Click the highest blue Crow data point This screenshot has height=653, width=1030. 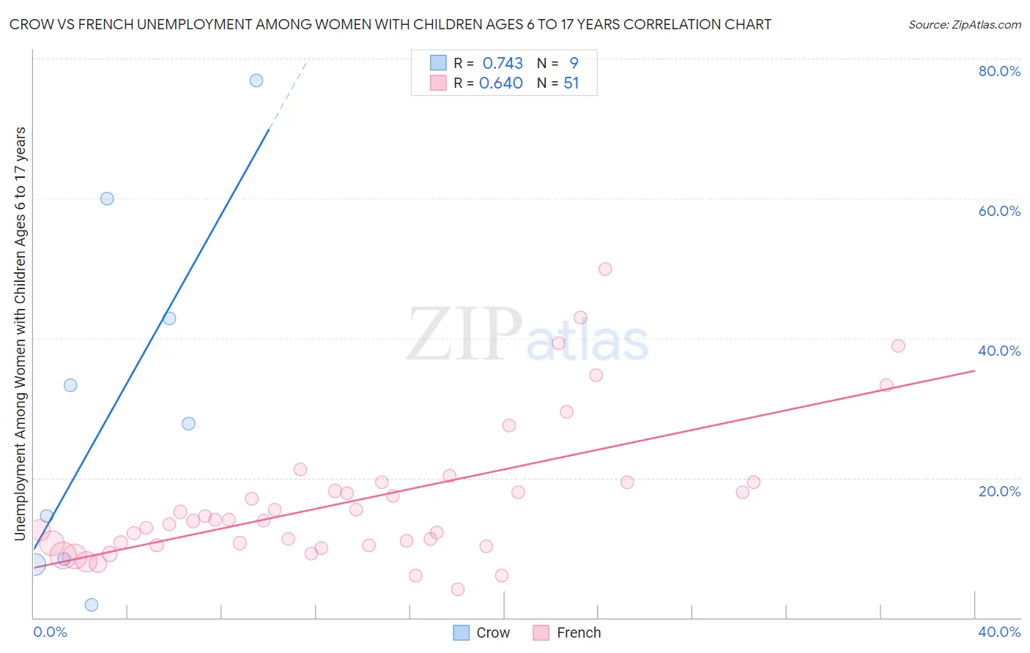256,81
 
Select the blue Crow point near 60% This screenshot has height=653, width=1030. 107,198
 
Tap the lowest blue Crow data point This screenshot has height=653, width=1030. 92,605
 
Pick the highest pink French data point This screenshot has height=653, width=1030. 605,269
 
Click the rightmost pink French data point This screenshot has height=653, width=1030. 898,346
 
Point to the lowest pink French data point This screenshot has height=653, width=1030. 458,589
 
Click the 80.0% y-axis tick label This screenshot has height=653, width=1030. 999,71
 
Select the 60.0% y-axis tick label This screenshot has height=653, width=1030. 999,211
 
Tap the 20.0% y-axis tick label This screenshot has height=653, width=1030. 999,491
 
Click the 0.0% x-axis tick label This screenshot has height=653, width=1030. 50,632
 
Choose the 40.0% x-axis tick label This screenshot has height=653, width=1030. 999,632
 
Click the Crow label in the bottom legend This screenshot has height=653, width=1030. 493,633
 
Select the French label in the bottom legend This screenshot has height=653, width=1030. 579,633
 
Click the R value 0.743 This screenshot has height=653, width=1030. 503,63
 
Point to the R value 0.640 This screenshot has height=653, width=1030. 501,83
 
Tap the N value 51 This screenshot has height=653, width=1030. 571,83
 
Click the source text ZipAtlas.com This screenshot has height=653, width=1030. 965,25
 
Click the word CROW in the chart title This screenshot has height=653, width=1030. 30,25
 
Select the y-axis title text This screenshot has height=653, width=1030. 21,333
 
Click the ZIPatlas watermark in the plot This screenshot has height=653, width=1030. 527,335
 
